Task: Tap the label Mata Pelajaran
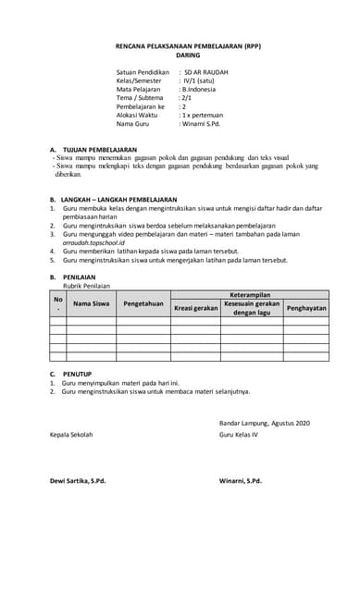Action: tap(141, 89)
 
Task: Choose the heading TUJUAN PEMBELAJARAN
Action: tap(100, 148)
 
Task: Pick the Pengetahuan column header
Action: tap(143, 302)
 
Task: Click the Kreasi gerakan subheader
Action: tap(195, 307)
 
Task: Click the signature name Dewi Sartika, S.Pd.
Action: tap(78, 481)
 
